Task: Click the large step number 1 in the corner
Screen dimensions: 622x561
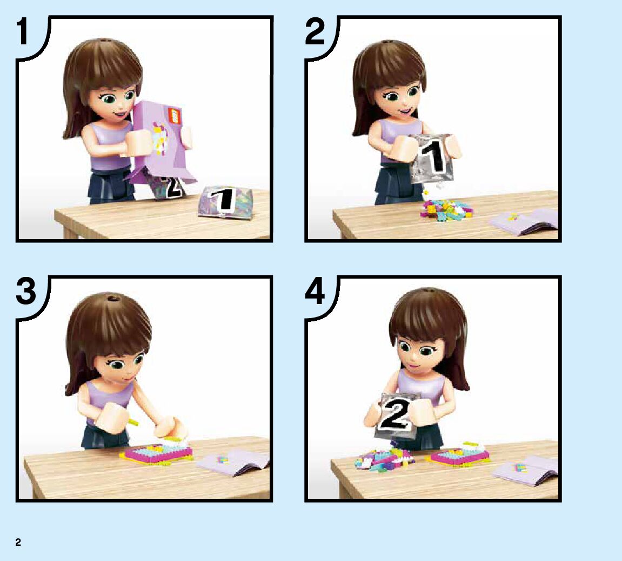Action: click(x=23, y=31)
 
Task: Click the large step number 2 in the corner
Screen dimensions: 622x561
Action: click(x=315, y=31)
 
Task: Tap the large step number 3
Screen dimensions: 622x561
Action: click(x=26, y=291)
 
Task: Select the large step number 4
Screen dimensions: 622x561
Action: click(x=315, y=291)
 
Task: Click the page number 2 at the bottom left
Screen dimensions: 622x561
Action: click(x=18, y=543)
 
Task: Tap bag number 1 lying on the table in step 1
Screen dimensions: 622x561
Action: click(x=225, y=202)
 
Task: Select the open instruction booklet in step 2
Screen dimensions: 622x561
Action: click(x=524, y=222)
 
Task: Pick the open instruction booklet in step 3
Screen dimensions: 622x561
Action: click(x=233, y=462)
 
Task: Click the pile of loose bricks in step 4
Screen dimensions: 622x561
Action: click(x=384, y=460)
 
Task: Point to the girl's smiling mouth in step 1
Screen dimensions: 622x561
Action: click(x=120, y=114)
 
